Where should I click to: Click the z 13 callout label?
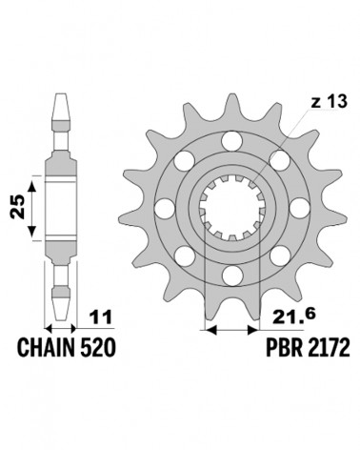(x=329, y=102)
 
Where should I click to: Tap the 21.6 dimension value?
(x=293, y=317)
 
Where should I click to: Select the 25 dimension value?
(x=17, y=207)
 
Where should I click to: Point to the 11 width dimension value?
(x=101, y=317)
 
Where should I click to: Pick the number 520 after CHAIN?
(x=97, y=347)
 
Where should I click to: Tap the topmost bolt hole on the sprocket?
(x=231, y=141)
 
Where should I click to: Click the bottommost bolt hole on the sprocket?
(x=231, y=276)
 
